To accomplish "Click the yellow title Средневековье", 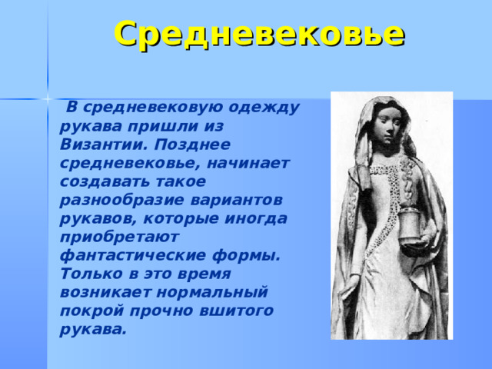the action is pos(260,34).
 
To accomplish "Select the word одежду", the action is pos(264,108).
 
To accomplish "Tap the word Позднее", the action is pos(192,145).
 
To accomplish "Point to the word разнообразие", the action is pos(121,201).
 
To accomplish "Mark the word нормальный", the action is pos(212,293).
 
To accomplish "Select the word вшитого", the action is pos(236,311).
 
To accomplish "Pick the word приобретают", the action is pos(119,238).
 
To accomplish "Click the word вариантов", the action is pos(236,201).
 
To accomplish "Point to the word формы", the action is pos(246,256).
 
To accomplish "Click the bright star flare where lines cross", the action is pos(48,99).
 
